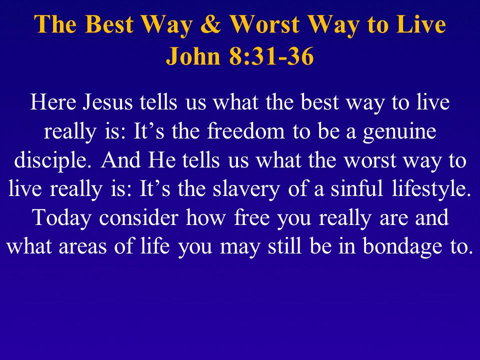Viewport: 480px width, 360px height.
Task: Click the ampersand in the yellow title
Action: tap(210, 24)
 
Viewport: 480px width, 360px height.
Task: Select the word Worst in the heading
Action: tap(264, 24)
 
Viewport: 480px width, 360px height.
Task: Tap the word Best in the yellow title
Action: tap(109, 24)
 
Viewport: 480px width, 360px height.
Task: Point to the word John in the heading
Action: tap(193, 56)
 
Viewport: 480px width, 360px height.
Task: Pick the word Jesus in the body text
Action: tap(107, 102)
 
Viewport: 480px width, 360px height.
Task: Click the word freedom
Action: tap(246, 131)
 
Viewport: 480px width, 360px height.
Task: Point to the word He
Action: tap(162, 160)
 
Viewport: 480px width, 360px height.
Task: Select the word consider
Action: tap(138, 217)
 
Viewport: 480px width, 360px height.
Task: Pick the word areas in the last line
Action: tap(82, 246)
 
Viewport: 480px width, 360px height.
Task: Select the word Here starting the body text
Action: tap(53, 102)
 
